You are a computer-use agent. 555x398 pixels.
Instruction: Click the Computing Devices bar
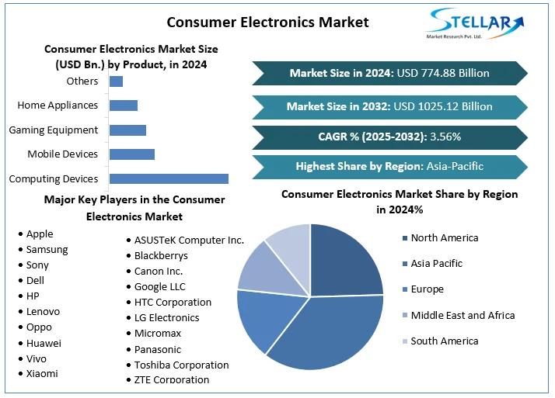point(169,178)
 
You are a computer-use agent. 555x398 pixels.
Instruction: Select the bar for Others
point(116,81)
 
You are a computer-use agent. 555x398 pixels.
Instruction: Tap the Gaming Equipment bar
point(127,130)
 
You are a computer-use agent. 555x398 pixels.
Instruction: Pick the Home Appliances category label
point(58,106)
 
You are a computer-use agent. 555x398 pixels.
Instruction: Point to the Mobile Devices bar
point(132,154)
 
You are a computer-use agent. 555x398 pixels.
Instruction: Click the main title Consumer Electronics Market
point(267,22)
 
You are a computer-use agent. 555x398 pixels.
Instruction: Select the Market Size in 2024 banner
point(389,74)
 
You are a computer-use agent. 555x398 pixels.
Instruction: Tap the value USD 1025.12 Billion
point(445,106)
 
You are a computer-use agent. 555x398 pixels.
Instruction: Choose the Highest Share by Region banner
point(389,166)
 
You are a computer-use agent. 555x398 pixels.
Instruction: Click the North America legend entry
point(444,238)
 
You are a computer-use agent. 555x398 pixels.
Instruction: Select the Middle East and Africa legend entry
point(462,315)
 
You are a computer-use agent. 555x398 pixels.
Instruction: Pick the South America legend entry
point(444,341)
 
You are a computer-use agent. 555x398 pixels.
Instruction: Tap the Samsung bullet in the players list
point(47,249)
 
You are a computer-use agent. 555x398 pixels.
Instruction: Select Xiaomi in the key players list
point(42,373)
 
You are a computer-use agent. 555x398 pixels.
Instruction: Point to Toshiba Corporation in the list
point(181,365)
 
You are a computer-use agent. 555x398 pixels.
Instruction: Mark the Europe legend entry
point(427,289)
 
